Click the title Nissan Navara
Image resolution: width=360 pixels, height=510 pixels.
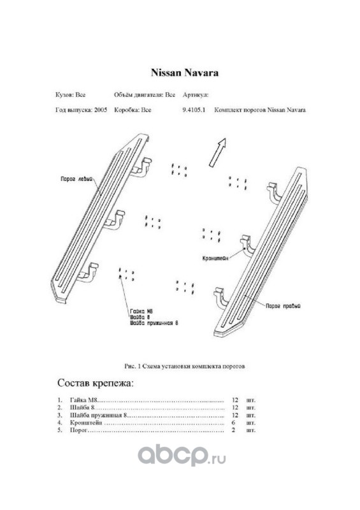pyautogui.click(x=184, y=73)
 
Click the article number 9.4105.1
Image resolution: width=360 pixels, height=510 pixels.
pyautogui.click(x=194, y=110)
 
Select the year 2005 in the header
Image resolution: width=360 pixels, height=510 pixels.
pyautogui.click(x=101, y=110)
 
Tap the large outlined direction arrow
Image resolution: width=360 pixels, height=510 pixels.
pyautogui.click(x=217, y=152)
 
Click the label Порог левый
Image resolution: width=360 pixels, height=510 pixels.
pyautogui.click(x=77, y=179)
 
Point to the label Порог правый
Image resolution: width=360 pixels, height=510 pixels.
pyautogui.click(x=283, y=306)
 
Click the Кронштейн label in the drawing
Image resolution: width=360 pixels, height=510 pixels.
pyautogui.click(x=215, y=258)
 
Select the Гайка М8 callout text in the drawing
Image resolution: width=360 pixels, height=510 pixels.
pyautogui.click(x=141, y=311)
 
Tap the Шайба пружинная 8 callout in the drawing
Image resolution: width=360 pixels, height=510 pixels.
pyautogui.click(x=154, y=323)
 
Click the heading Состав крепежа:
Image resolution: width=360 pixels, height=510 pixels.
pyautogui.click(x=96, y=383)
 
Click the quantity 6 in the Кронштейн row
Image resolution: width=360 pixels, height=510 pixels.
pyautogui.click(x=233, y=423)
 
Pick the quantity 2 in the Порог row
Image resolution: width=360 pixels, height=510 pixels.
pyautogui.click(x=233, y=430)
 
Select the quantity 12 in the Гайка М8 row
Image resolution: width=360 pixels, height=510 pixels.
pyautogui.click(x=235, y=400)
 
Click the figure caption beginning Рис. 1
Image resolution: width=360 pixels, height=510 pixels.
pyautogui.click(x=184, y=366)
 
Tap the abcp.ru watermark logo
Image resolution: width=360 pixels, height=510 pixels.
pyautogui.click(x=182, y=455)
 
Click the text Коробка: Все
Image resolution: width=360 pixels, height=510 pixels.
pyautogui.click(x=133, y=110)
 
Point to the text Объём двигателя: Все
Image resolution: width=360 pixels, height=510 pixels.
pyautogui.click(x=145, y=95)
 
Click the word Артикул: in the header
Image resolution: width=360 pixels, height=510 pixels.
pyautogui.click(x=196, y=95)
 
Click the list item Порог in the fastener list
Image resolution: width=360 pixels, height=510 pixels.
pyautogui.click(x=79, y=430)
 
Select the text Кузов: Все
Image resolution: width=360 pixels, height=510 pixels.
pyautogui.click(x=70, y=95)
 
